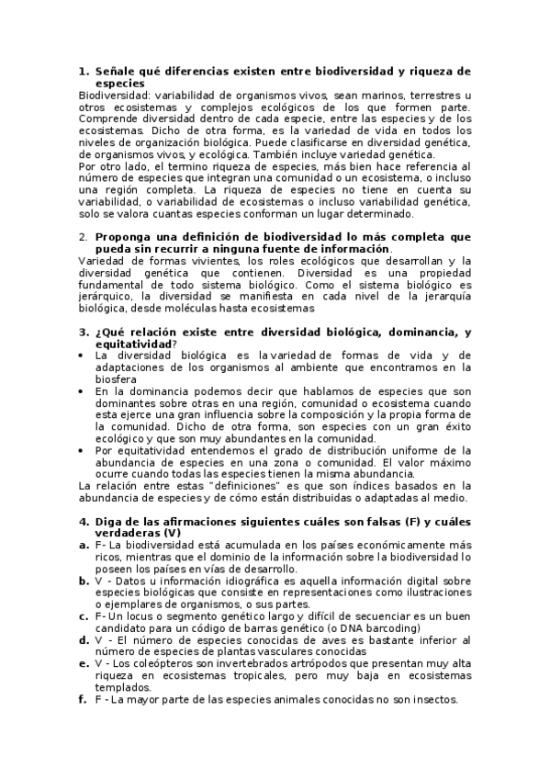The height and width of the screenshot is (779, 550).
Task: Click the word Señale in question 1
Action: click(x=116, y=71)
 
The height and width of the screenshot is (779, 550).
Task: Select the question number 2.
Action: click(x=82, y=237)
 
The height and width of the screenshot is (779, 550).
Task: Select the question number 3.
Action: click(x=82, y=332)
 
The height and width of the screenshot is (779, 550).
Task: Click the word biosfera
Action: click(x=117, y=379)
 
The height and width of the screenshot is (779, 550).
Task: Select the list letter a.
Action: click(x=83, y=546)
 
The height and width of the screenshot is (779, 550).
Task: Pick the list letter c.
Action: click(x=83, y=616)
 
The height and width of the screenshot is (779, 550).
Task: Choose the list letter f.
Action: click(x=83, y=700)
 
